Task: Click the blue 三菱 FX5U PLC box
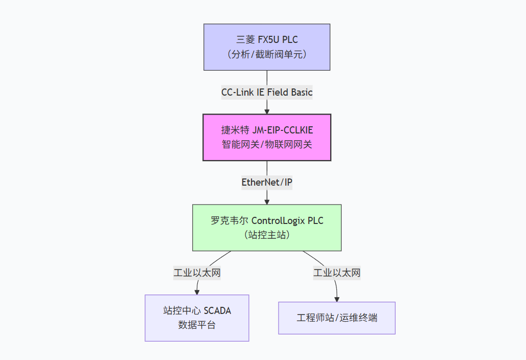point(267,47)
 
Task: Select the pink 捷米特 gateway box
point(267,138)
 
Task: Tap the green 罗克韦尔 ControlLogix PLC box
point(267,228)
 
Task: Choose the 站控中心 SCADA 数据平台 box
point(197,318)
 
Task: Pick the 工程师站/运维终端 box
point(337,318)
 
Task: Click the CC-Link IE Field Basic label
point(267,93)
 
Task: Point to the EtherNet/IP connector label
point(267,183)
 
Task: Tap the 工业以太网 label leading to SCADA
point(197,273)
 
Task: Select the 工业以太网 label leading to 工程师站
point(337,273)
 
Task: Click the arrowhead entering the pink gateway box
point(267,111)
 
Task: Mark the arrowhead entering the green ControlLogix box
point(267,201)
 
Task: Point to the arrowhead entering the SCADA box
point(197,291)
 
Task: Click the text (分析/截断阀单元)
point(267,54)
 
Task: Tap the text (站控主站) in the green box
point(267,235)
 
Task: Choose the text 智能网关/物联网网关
point(267,144)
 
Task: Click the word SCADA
point(218,311)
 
